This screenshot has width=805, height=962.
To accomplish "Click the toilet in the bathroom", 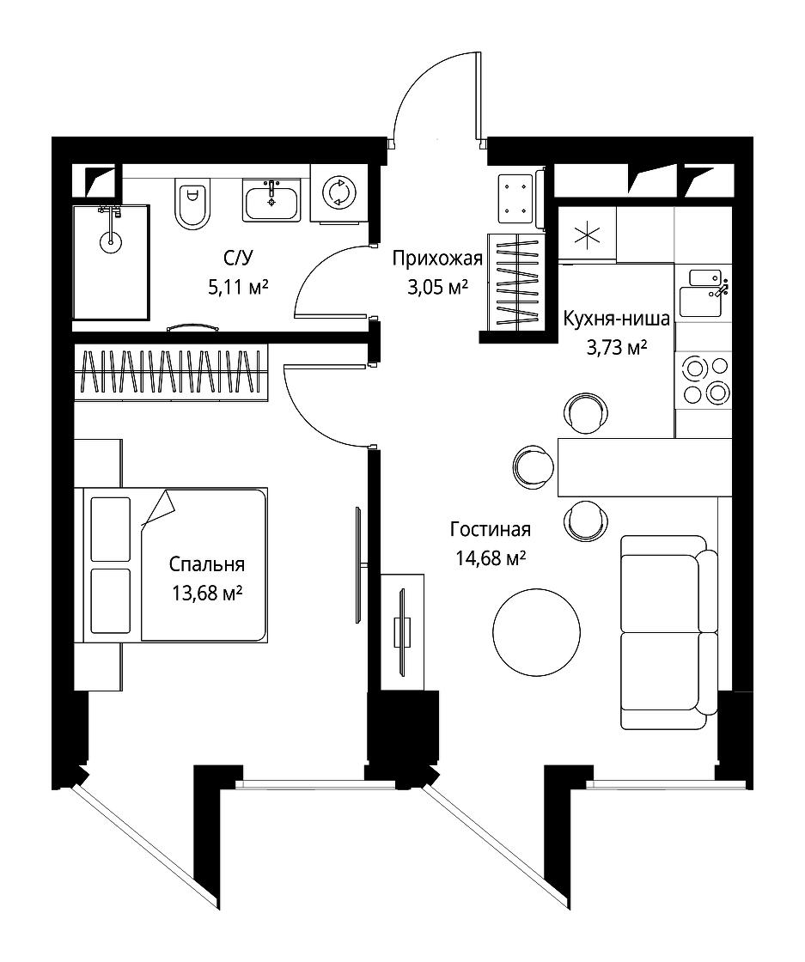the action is coord(192,204).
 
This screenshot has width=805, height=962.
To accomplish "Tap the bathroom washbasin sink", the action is coord(271,200).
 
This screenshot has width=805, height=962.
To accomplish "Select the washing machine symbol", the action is coord(338,192).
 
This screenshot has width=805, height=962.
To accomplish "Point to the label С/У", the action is coord(237,259).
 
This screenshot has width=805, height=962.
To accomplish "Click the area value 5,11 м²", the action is coord(239,287).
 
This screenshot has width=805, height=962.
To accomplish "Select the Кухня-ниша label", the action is coord(617,319).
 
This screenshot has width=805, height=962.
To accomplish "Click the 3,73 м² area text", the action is coord(617,348).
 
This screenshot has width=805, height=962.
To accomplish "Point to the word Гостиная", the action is coord(491,529).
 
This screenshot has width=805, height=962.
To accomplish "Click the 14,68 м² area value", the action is coord(491,558).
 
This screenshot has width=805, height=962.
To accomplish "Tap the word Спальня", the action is coord(207,563).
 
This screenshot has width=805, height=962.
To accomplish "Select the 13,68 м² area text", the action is coord(207,594).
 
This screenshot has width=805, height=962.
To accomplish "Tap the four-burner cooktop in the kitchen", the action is coord(704,381).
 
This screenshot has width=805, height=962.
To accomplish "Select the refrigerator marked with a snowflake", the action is coord(587,234).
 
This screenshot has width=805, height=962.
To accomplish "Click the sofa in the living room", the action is coord(668,632).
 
